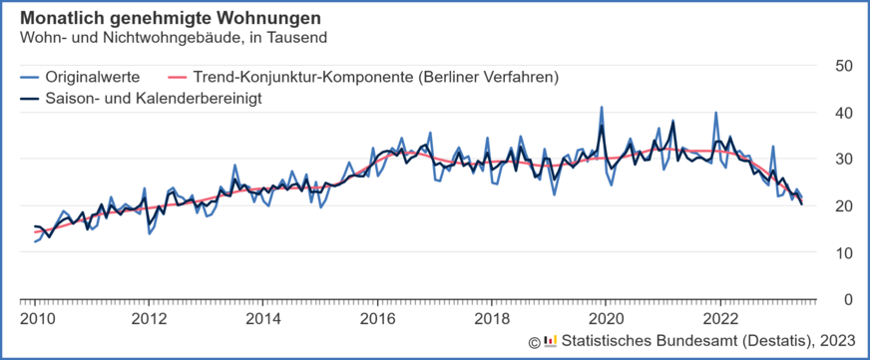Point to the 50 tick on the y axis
pos(843,66)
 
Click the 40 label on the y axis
pos(843,113)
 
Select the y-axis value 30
pos(843,160)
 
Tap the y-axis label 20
pos(843,206)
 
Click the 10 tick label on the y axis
pos(843,253)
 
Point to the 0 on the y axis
pos(847,299)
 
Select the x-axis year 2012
pos(149,318)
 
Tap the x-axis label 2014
pos(263,318)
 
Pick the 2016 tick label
pos(378,318)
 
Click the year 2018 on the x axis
pos(492,318)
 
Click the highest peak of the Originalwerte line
pos(602,108)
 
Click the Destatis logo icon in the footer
pos(550,342)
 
